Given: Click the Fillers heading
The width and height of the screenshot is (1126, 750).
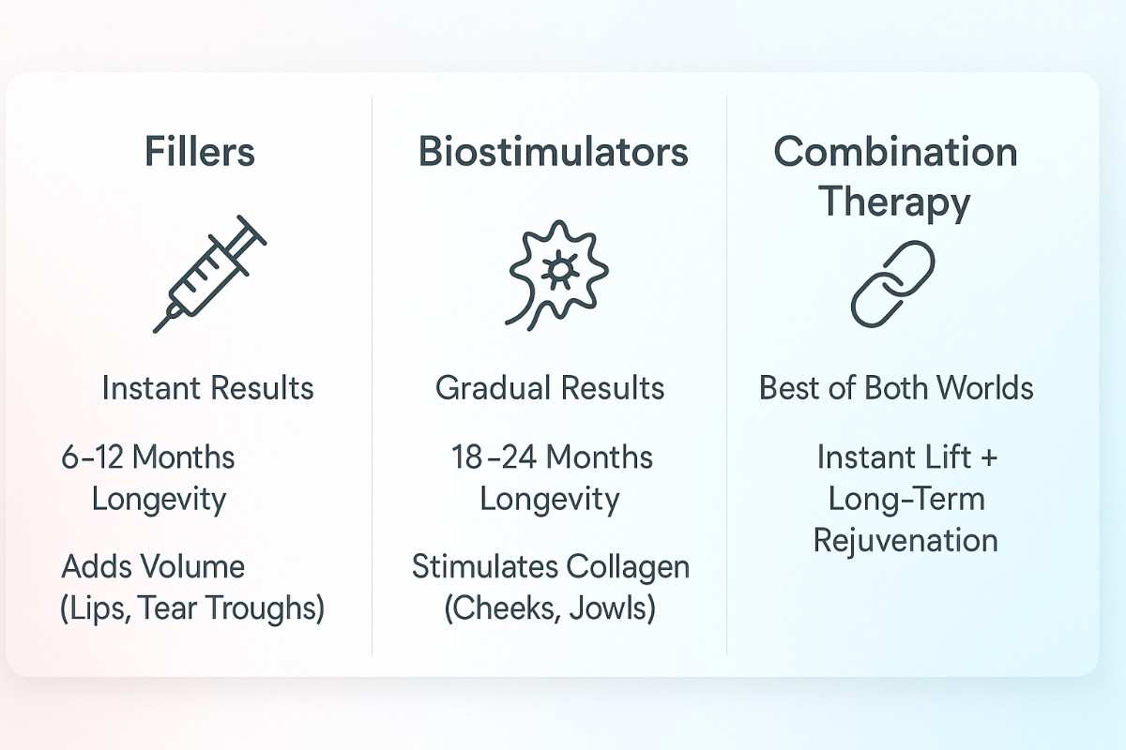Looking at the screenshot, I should tap(200, 152).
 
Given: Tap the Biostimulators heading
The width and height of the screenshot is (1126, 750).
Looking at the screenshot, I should tap(553, 152).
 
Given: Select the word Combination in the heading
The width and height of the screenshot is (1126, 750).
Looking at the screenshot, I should tap(895, 152).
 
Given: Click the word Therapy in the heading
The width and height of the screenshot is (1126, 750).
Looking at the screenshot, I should tap(895, 202).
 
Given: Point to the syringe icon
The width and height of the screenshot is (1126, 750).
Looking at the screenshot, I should tap(208, 273).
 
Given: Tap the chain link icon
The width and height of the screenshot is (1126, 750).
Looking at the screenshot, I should tap(892, 283).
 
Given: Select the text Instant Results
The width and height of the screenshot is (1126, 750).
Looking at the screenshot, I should tap(207, 388).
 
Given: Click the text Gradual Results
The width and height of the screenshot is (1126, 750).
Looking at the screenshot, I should tap(550, 388).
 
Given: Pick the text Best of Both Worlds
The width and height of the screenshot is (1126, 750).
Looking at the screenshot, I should tap(896, 388).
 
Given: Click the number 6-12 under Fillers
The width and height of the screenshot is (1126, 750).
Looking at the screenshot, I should tap(92, 457).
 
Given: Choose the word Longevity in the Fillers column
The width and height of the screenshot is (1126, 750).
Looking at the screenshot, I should tap(159, 499).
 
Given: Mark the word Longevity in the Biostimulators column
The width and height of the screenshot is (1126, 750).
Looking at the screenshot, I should tap(550, 499).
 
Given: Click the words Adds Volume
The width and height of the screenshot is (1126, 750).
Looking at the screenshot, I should tap(153, 566).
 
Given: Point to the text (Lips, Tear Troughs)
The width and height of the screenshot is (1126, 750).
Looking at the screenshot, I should tap(192, 608).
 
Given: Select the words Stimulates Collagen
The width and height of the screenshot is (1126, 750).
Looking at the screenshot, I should tap(551, 566).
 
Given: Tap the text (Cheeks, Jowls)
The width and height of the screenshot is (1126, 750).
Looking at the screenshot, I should tap(550, 608).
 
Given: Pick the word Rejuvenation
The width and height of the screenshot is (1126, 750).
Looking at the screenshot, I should tap(905, 541).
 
